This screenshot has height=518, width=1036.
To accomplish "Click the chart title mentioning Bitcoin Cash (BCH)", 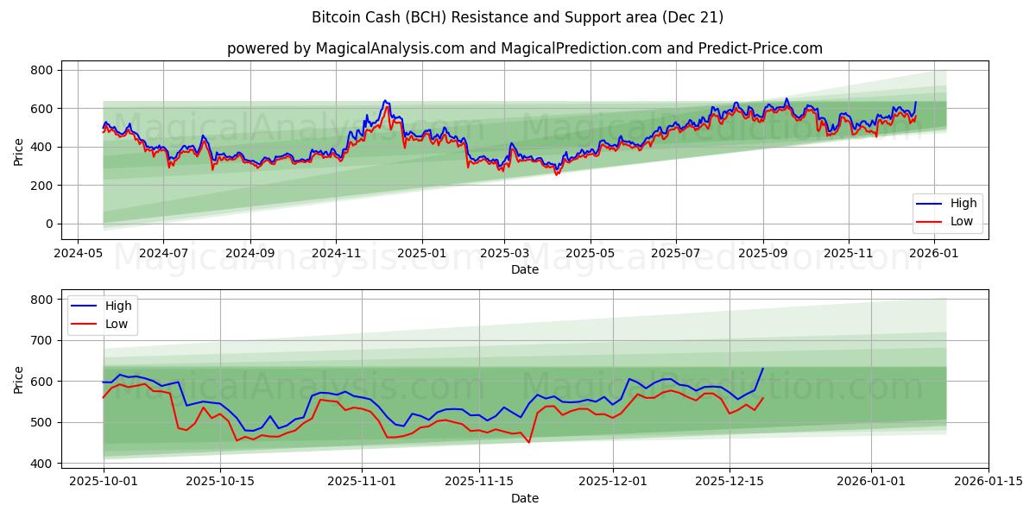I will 518,17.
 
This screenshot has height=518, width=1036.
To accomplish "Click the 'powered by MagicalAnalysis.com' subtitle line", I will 525,48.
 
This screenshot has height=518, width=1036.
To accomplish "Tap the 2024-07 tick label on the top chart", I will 163,254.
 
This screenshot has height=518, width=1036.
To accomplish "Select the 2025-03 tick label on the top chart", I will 503,254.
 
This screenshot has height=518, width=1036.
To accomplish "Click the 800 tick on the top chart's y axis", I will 41,70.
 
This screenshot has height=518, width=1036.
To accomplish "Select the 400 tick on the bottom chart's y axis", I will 41,464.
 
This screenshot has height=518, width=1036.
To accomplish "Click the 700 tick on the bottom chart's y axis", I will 41,340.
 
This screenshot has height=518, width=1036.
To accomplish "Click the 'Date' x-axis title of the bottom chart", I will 525,498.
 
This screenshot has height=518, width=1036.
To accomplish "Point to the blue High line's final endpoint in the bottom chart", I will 763,369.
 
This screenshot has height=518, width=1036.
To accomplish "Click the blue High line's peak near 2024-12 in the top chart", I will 385,100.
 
